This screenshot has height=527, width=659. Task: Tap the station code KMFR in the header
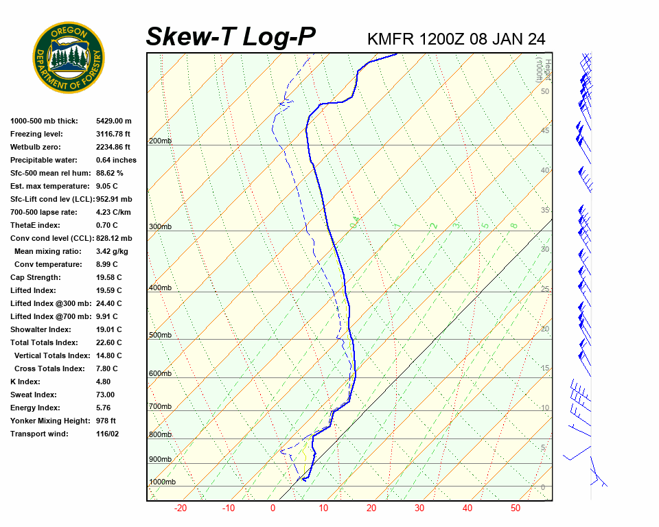[x=391, y=38]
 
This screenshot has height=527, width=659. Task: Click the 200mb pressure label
[x=160, y=141]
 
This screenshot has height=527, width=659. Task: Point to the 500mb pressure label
[x=160, y=335]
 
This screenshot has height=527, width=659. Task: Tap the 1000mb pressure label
[x=162, y=482]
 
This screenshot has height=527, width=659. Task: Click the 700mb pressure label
[x=160, y=407]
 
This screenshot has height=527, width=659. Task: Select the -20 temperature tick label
[x=181, y=508]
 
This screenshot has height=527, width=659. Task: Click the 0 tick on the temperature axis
[x=273, y=508]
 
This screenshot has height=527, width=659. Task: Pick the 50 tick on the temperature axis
[x=516, y=508]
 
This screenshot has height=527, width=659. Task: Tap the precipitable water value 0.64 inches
[x=116, y=160]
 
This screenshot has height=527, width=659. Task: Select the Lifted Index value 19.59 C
[x=109, y=290]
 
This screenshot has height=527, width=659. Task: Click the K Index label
[x=25, y=382]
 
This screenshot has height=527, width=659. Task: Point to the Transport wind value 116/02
[x=108, y=434]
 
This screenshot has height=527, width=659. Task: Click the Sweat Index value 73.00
[x=106, y=395]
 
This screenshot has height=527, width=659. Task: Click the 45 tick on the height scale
[x=545, y=131]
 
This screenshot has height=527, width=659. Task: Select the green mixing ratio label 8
[x=513, y=225]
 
